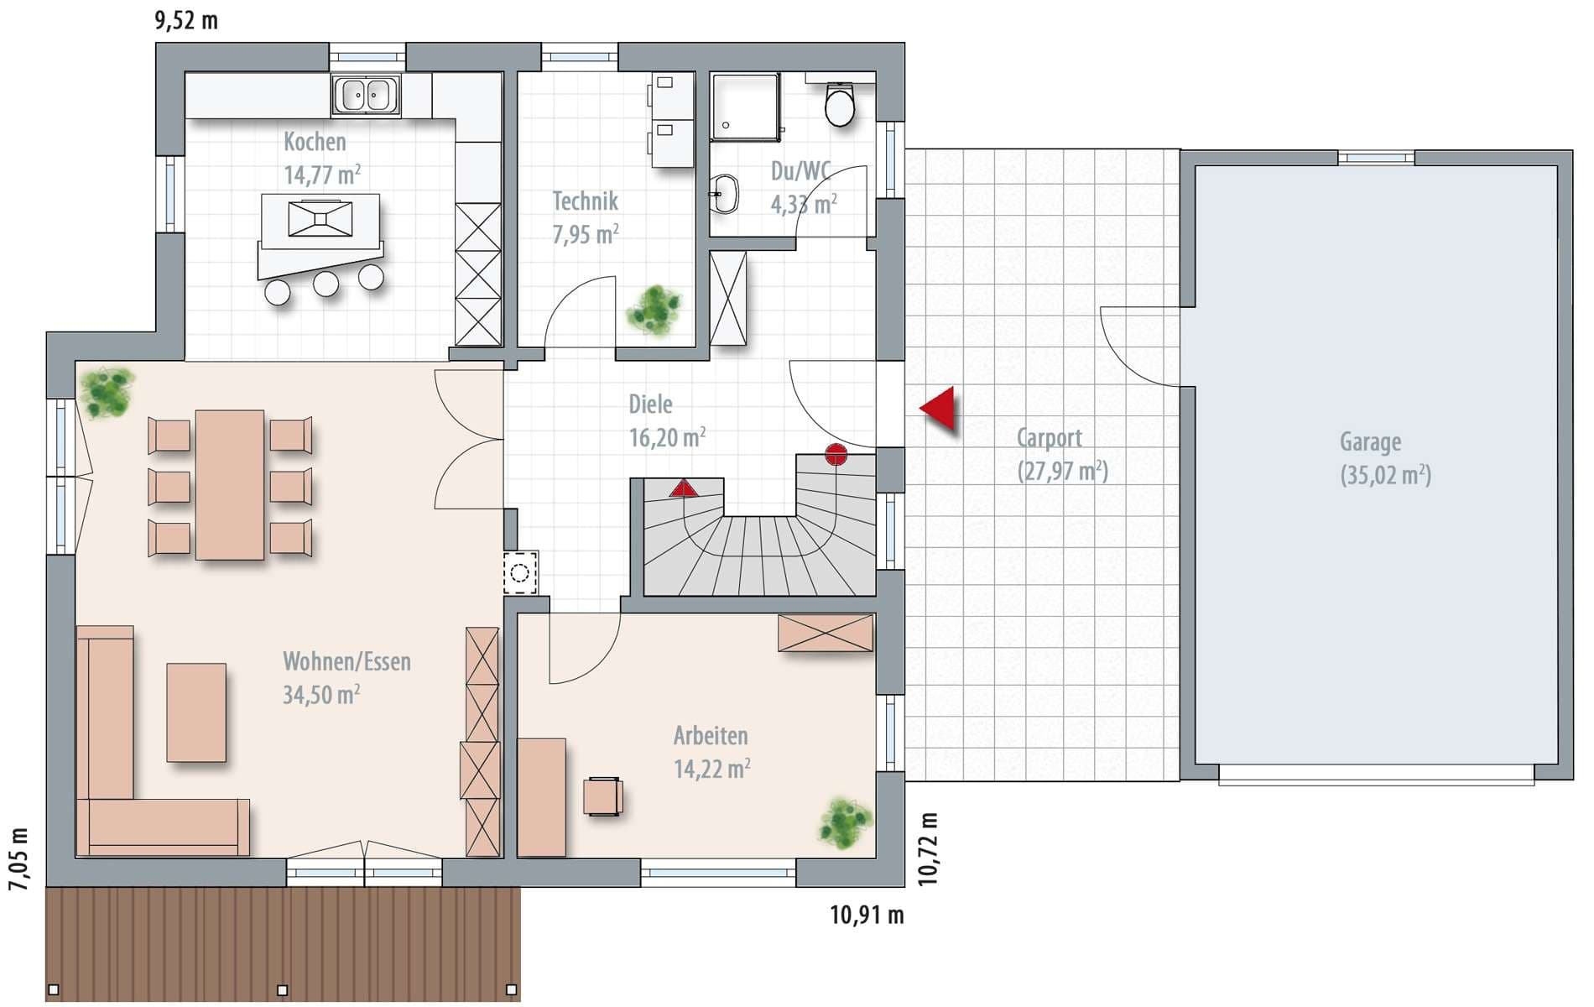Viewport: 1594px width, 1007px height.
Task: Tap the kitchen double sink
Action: pyautogui.click(x=366, y=95)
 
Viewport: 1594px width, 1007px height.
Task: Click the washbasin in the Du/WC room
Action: pyautogui.click(x=724, y=195)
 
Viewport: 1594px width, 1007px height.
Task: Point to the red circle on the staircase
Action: pyautogui.click(x=836, y=455)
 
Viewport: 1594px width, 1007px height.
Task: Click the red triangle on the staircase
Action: pyautogui.click(x=684, y=488)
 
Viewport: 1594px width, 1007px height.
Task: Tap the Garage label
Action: pyautogui.click(x=1370, y=441)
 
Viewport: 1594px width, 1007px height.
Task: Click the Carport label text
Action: pyautogui.click(x=1050, y=438)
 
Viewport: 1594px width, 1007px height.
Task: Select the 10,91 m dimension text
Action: pyautogui.click(x=867, y=915)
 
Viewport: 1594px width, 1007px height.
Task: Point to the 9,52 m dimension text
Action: pyautogui.click(x=186, y=20)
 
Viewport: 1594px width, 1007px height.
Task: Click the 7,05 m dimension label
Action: pyautogui.click(x=18, y=858)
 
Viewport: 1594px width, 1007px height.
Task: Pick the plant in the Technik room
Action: pyautogui.click(x=654, y=311)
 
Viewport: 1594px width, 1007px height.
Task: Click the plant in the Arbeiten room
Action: pyautogui.click(x=846, y=823)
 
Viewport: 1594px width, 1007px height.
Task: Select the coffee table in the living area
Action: pyautogui.click(x=196, y=712)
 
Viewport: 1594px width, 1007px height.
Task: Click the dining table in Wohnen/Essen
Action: pyautogui.click(x=230, y=484)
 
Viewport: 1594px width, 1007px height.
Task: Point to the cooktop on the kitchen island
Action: pyautogui.click(x=320, y=218)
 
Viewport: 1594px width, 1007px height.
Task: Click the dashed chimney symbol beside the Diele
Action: pyautogui.click(x=520, y=573)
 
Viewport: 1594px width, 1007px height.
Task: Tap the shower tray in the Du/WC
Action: pyautogui.click(x=745, y=107)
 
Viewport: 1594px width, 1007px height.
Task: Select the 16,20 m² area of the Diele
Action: pyautogui.click(x=667, y=437)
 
